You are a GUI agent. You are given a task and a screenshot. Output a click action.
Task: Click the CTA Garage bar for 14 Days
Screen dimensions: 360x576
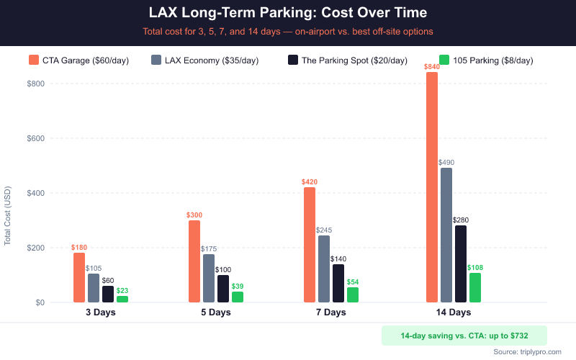(x=432, y=187)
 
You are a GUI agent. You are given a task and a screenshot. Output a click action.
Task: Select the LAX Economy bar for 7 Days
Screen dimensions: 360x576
(x=324, y=269)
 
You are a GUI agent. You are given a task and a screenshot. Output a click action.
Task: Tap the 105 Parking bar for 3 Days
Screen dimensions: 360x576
(x=122, y=299)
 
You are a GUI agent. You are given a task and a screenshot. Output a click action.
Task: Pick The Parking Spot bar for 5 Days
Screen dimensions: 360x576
(x=223, y=289)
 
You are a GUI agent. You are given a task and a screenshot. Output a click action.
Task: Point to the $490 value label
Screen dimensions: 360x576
(x=446, y=163)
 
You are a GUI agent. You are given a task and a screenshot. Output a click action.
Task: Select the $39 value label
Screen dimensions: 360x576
(x=238, y=287)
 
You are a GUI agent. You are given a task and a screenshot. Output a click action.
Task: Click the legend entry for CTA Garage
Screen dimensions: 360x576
(x=78, y=60)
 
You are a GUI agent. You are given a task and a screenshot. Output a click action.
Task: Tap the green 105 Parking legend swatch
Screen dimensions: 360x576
(x=444, y=60)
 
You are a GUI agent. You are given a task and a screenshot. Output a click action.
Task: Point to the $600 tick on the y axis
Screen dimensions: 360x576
(x=35, y=138)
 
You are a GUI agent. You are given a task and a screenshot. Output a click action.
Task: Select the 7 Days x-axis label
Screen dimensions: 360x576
(x=331, y=312)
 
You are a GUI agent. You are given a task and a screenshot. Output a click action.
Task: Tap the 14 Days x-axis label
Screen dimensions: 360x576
(x=454, y=312)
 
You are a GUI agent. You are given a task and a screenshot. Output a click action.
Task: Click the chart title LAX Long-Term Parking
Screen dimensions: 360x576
(x=288, y=13)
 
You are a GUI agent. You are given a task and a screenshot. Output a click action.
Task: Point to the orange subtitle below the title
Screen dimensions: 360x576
(x=288, y=32)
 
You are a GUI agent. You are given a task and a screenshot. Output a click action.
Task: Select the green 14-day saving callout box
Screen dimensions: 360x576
(x=464, y=336)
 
